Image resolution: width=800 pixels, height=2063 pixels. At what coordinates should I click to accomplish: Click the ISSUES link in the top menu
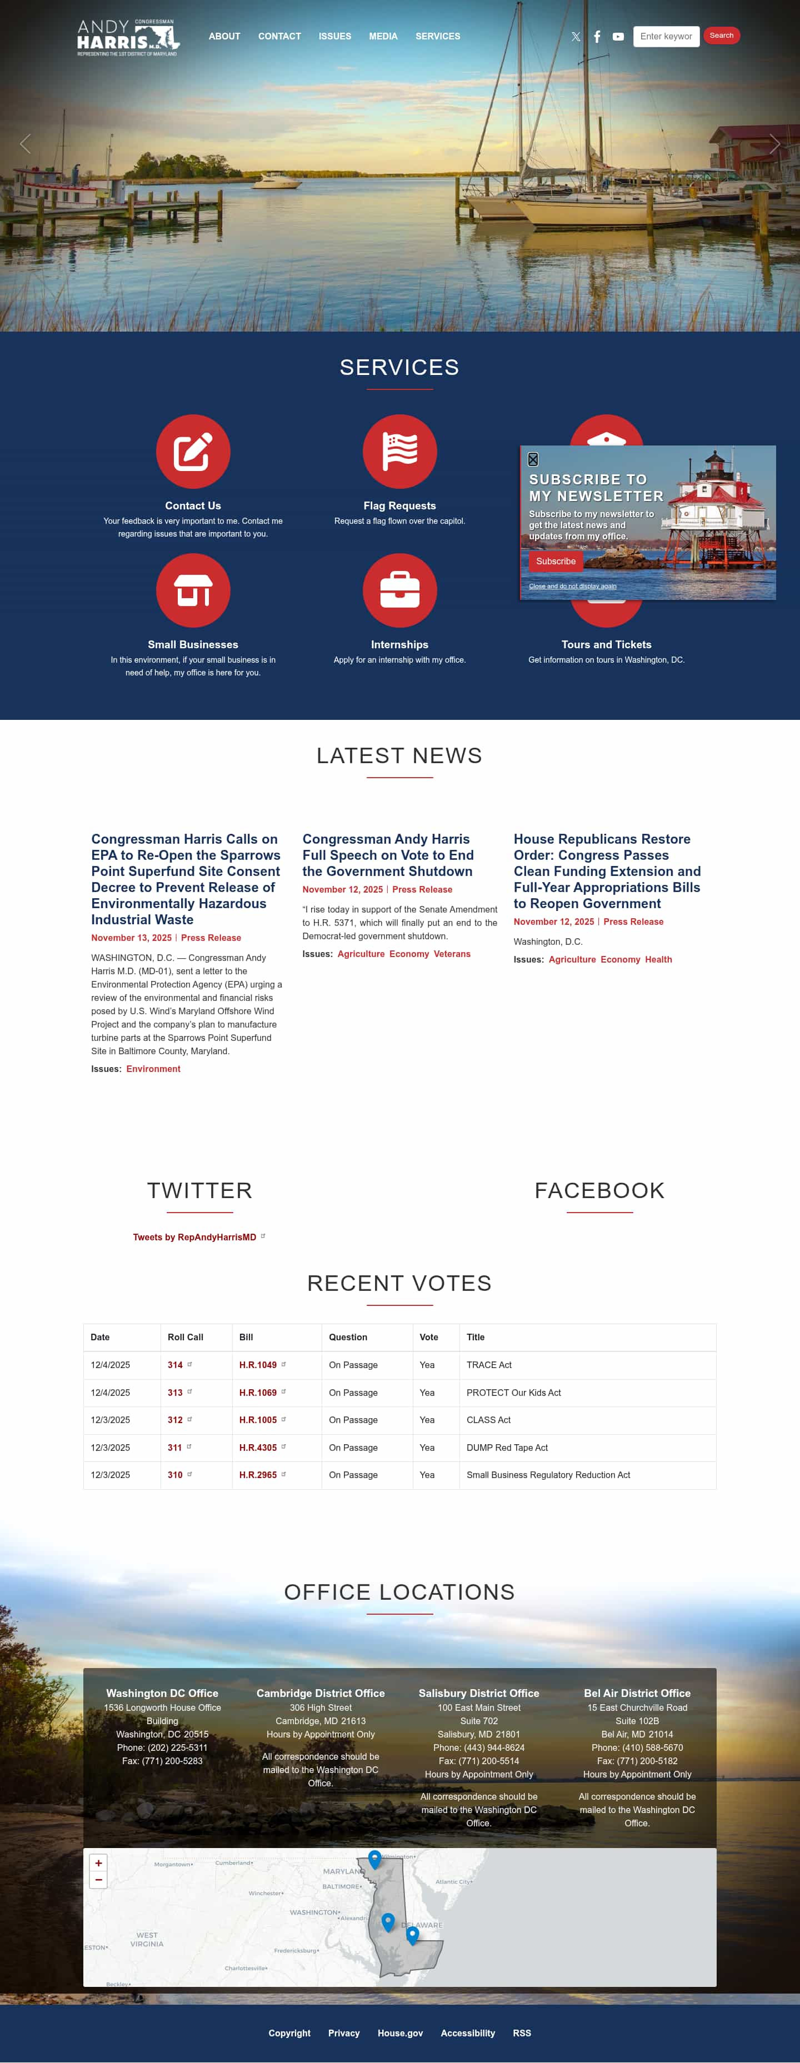click(x=335, y=36)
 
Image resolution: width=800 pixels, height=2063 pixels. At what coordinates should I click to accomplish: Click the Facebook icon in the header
click(x=597, y=37)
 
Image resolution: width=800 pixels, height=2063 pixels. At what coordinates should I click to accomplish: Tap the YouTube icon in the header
click(x=618, y=37)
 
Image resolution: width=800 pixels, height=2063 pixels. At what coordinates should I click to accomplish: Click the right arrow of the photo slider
click(x=774, y=144)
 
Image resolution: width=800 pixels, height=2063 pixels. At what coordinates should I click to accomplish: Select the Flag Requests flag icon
click(x=399, y=451)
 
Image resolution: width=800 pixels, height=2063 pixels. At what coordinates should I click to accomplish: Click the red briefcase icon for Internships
click(x=399, y=590)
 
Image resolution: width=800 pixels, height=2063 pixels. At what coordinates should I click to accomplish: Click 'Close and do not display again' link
click(x=573, y=586)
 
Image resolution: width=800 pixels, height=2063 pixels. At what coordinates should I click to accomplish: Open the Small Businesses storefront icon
click(x=193, y=590)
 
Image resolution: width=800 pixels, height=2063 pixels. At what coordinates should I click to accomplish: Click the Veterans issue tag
click(x=452, y=954)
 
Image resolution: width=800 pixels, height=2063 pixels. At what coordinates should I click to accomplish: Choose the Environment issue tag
click(x=153, y=1069)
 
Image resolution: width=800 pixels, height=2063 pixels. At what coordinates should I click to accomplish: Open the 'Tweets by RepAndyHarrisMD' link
click(x=194, y=1238)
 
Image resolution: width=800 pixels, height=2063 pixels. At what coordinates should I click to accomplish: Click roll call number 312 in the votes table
click(x=174, y=1420)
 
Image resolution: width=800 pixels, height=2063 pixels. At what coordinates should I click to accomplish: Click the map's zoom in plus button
click(x=98, y=1864)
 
